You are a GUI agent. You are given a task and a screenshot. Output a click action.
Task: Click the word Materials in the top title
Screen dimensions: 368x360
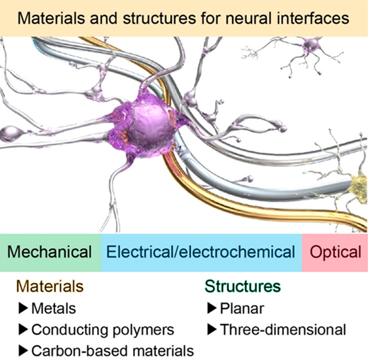[51, 18]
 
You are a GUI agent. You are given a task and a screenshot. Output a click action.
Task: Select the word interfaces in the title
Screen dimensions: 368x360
[313, 18]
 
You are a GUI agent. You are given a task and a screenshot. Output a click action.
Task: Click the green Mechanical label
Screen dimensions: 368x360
[50, 252]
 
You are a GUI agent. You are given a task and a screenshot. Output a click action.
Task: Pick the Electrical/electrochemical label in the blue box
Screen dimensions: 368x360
[201, 252]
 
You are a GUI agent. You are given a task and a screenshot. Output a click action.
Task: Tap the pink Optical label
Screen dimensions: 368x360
[335, 252]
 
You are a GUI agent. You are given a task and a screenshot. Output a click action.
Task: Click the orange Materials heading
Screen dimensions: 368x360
[50, 286]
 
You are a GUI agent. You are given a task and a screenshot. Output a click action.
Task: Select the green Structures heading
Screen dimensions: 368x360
[243, 286]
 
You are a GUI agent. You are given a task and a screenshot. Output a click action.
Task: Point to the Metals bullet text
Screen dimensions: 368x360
[54, 308]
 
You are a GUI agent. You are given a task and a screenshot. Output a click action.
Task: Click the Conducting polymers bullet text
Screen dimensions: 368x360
[103, 330]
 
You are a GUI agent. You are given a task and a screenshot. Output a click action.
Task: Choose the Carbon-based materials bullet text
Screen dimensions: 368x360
[113, 351]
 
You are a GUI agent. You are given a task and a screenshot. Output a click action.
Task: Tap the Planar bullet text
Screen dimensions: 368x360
[242, 308]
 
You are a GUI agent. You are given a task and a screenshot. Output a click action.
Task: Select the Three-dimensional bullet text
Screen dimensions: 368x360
[283, 330]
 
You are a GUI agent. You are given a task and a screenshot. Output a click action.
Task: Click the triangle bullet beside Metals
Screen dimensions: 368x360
[23, 308]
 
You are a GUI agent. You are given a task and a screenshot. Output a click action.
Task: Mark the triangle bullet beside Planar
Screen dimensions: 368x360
[212, 308]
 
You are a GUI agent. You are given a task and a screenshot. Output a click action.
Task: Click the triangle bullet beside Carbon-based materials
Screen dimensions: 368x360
[23, 351]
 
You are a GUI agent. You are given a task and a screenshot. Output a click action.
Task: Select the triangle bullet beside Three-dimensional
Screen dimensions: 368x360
[212, 330]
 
